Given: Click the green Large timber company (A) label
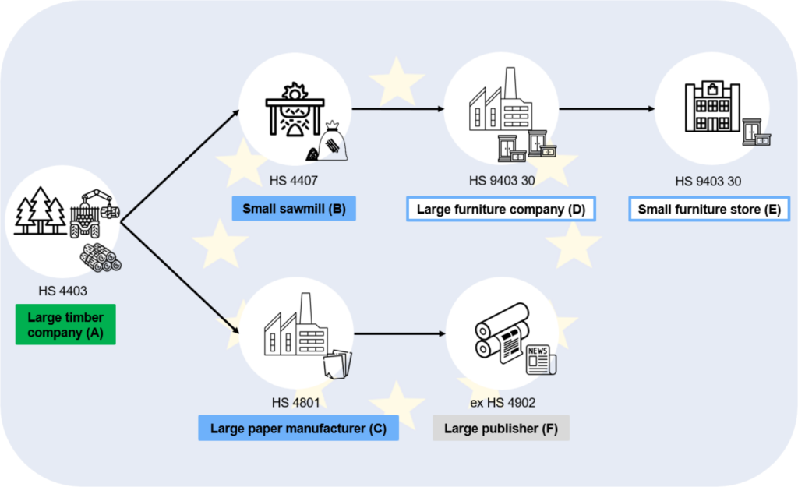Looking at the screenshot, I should [x=65, y=324].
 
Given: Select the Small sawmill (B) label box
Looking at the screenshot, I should [x=294, y=209].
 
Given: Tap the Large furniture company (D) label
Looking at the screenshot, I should [x=500, y=209].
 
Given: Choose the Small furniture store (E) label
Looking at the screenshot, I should [x=709, y=209].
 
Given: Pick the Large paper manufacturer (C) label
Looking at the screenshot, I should [x=298, y=429].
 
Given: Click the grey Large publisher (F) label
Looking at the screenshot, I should [x=500, y=429].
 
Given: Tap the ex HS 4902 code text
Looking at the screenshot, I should [x=500, y=402].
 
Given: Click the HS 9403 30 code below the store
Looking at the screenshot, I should [x=708, y=182].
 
